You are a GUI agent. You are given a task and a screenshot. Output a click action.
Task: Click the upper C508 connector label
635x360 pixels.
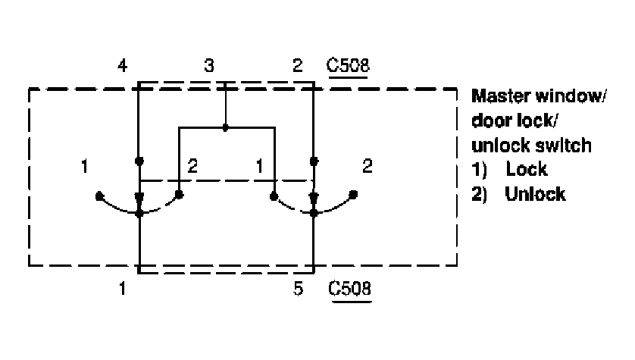tap(348, 66)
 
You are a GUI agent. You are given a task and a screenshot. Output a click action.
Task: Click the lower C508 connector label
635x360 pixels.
tap(348, 289)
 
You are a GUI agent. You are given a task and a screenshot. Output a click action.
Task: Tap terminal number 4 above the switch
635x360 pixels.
tap(123, 67)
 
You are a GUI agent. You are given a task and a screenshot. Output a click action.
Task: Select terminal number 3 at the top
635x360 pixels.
tap(208, 67)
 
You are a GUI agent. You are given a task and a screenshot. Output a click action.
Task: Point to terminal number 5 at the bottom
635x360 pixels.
tap(299, 289)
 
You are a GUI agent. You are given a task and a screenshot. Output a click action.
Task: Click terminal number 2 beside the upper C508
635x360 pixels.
tap(297, 67)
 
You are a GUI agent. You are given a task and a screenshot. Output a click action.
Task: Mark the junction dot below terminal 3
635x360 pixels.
tap(226, 127)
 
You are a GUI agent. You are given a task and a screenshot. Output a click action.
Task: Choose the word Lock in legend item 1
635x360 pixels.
tap(527, 169)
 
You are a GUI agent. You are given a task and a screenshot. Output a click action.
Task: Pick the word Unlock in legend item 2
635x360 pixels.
tap(535, 193)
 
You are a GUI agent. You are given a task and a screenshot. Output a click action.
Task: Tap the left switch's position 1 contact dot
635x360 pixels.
tap(99, 196)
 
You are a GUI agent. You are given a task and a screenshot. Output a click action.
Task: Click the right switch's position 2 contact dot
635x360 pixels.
tap(353, 196)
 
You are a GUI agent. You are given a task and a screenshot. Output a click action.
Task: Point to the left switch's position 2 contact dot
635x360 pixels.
tap(180, 196)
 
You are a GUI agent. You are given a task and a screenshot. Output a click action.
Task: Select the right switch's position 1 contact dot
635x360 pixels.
tap(273, 196)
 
